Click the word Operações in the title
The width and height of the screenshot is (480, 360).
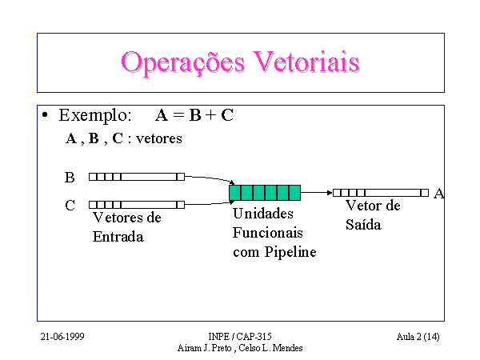(x=182, y=62)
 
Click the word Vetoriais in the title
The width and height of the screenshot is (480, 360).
(x=306, y=62)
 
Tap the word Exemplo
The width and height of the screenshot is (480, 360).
(x=95, y=116)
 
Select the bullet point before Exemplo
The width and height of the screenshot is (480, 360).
(x=45, y=115)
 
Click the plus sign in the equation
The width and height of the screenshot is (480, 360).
(x=210, y=115)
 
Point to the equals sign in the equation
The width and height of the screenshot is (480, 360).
(x=178, y=115)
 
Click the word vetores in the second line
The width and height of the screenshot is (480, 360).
(x=159, y=139)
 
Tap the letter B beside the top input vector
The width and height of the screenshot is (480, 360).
(x=70, y=178)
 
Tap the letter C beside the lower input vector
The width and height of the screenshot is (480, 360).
(x=70, y=206)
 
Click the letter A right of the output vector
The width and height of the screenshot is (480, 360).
(x=438, y=194)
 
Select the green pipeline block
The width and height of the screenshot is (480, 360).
(x=265, y=193)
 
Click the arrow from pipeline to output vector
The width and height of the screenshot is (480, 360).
(x=317, y=193)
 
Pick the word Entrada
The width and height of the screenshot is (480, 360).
(x=118, y=237)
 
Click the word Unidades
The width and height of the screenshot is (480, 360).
(x=263, y=214)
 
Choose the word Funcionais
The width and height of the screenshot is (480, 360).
(x=268, y=233)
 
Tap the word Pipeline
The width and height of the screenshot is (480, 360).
(x=290, y=253)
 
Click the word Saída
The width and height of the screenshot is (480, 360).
(x=363, y=225)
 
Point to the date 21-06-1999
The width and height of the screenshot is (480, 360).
(x=62, y=337)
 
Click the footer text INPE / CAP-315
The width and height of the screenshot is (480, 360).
(x=240, y=337)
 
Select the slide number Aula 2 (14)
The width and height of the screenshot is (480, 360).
(x=418, y=337)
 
